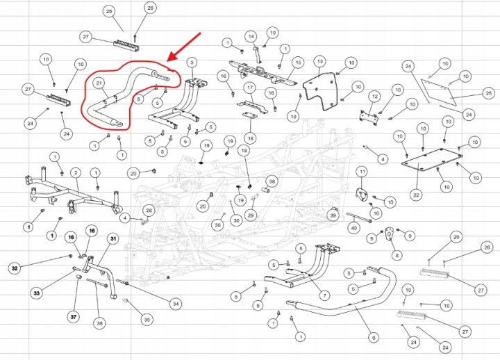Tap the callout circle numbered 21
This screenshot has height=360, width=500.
pos(99,83)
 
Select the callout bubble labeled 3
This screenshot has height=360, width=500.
pos(192,63)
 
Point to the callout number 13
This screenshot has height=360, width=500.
pos(320,61)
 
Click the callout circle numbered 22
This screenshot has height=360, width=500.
pos(416,195)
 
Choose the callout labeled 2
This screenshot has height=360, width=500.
pos(76,173)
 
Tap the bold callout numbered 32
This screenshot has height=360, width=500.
pos(15,268)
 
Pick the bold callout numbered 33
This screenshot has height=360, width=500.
pos(37,293)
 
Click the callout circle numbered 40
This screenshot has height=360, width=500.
pos(354,228)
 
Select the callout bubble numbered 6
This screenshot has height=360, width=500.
pos(374,337)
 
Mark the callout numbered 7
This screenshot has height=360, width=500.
pos(324,295)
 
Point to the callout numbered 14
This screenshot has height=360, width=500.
pos(251,37)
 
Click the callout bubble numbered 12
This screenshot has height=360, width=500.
pos(375,97)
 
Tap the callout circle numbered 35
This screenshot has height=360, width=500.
pos(147,320)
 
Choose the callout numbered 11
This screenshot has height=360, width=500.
pos(362,172)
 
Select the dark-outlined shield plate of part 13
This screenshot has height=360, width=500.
pos(319,91)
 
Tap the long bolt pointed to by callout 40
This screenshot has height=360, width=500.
pos(359,218)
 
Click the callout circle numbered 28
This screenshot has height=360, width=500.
pos(149,210)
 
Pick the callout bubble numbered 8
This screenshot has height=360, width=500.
pos(397,255)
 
